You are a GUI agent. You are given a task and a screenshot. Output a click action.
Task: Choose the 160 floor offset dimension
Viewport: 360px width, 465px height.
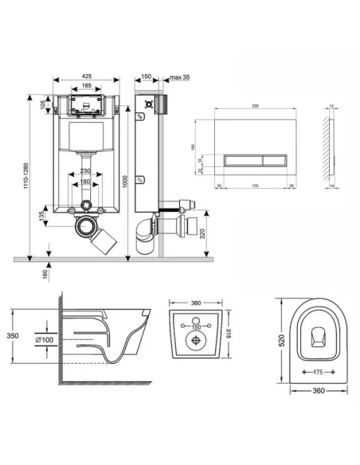(46, 273)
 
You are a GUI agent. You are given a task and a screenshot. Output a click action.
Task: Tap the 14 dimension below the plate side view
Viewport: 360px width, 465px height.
(331, 186)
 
